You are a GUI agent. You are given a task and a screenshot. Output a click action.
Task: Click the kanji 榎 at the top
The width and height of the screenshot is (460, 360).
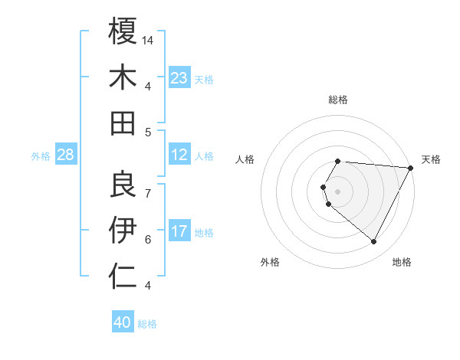[123, 31]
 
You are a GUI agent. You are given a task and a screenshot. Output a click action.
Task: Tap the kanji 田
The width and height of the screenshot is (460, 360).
[123, 123]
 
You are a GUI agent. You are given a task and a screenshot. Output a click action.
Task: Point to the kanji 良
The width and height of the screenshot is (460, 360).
[123, 182]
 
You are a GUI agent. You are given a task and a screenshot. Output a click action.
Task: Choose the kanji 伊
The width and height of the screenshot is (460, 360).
[123, 228]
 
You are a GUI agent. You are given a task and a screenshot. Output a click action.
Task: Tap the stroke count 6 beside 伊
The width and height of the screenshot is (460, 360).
[148, 239]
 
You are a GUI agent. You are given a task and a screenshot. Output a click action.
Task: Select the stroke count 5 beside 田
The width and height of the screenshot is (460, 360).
[148, 133]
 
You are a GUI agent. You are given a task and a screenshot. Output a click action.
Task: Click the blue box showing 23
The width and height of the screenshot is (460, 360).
[179, 78]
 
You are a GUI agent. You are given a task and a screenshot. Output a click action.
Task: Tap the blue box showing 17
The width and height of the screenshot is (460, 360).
[179, 231]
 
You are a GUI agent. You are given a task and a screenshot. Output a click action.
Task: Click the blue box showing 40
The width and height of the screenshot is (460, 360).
[123, 322]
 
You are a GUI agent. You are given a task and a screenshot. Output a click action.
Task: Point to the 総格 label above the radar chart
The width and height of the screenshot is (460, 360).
[338, 100]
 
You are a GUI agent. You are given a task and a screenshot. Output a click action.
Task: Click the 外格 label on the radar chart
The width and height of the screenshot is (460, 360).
[270, 262]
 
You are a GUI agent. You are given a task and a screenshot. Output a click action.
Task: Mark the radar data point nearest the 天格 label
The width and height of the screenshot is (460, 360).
[411, 169]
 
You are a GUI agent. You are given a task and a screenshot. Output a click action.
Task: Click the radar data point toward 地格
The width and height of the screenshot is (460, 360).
[374, 242]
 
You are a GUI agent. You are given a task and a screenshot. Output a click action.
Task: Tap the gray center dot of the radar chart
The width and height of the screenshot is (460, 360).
[338, 190]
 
